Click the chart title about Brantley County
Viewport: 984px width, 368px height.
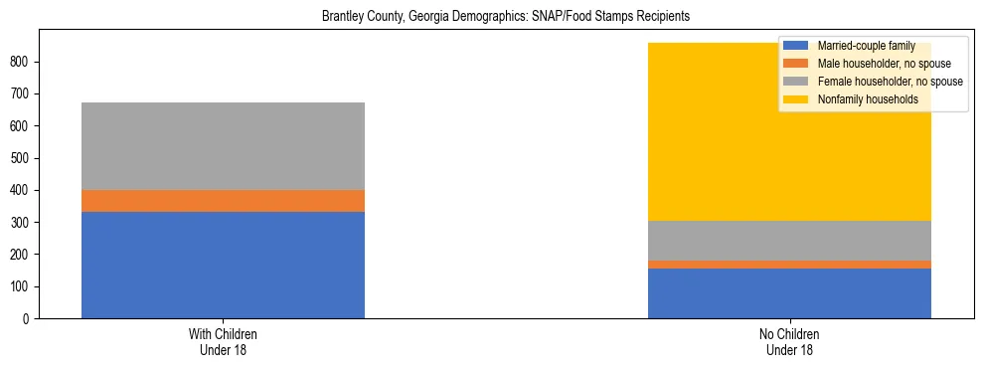click(x=506, y=17)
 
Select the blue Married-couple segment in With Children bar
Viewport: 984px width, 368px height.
click(x=223, y=265)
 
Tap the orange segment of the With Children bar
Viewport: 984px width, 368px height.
click(x=223, y=201)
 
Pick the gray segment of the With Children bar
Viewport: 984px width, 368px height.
click(x=223, y=146)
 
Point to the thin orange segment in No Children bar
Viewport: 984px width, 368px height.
click(x=789, y=265)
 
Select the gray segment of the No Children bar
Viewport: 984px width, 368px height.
click(x=789, y=241)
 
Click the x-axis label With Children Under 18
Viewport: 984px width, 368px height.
click(x=223, y=342)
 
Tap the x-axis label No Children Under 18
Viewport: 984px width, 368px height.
click(x=789, y=342)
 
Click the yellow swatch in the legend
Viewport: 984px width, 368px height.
click(x=795, y=99)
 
